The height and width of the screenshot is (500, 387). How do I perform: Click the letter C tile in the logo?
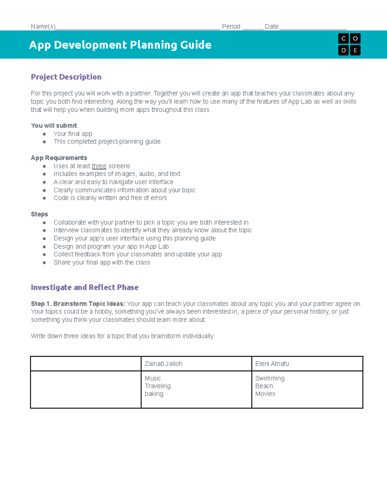point(343,39)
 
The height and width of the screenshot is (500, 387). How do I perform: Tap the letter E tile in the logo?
point(355,50)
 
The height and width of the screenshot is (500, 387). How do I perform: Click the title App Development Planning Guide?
point(120,45)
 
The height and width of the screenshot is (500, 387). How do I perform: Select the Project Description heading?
point(66,77)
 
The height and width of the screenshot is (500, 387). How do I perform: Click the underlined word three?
point(99,166)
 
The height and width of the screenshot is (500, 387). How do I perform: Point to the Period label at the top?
point(231,26)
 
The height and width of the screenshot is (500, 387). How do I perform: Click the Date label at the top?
point(272,26)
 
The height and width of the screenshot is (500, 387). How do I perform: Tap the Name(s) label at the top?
point(43,26)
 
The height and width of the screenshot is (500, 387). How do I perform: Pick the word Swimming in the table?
point(270,378)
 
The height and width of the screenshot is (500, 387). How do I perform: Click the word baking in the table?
point(154,394)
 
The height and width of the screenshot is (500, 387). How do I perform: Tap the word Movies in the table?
point(265,394)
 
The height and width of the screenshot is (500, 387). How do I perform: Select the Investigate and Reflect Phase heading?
point(84,288)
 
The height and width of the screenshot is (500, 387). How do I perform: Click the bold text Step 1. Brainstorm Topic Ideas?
point(78,304)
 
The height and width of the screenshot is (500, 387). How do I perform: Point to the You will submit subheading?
point(54,126)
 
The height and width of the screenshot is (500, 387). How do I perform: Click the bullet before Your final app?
point(44,134)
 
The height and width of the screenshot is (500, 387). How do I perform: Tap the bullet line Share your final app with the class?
point(102,262)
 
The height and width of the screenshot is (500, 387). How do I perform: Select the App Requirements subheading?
point(59,158)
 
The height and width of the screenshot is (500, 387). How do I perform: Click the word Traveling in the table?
point(157,386)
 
